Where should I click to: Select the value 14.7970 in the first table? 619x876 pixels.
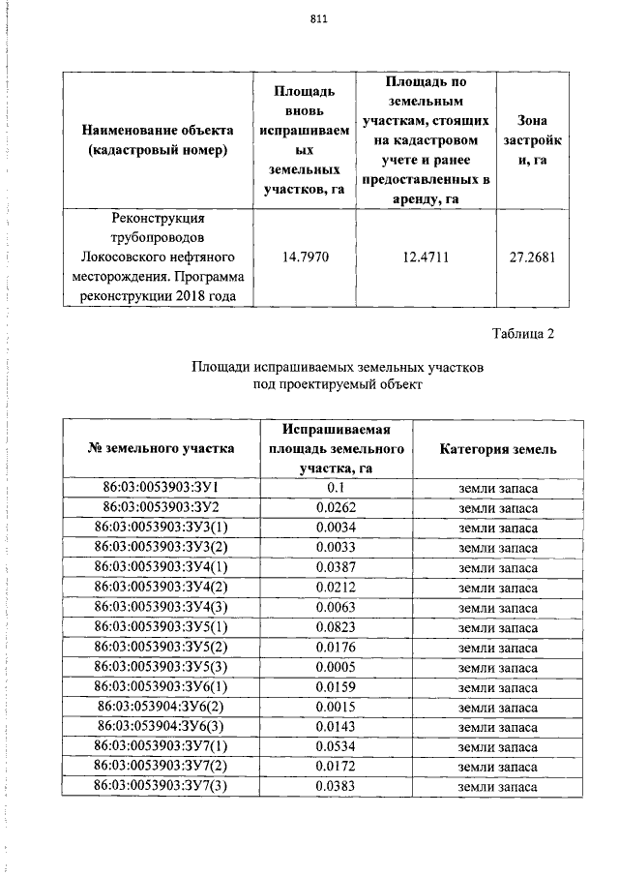304,257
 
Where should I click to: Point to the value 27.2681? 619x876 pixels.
532,257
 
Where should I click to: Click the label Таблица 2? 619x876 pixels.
523,335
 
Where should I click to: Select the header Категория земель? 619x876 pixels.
497,449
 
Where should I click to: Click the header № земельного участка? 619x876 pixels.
162,449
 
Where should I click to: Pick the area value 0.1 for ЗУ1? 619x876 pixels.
337,487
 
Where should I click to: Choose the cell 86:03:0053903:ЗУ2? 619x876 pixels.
162,507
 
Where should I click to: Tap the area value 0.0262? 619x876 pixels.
337,507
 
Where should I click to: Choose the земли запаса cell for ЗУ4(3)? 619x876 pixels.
497,608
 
